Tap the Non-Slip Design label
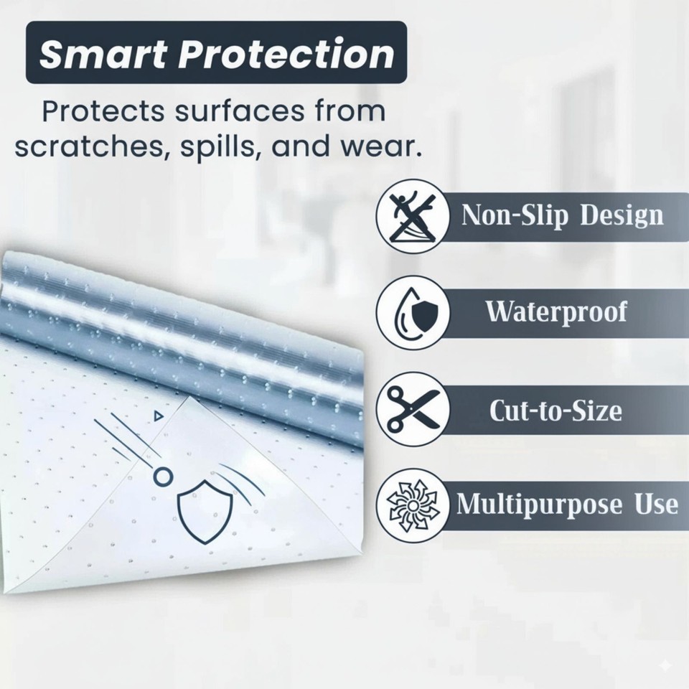coord(562,215)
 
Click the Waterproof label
coord(556,312)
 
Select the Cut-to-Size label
coord(555,411)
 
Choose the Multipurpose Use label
coord(567,504)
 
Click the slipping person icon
coord(412,215)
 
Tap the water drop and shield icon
coord(412,312)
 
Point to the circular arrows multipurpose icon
coord(412,504)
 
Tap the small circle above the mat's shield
coord(163,475)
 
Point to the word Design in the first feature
coord(622,215)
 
